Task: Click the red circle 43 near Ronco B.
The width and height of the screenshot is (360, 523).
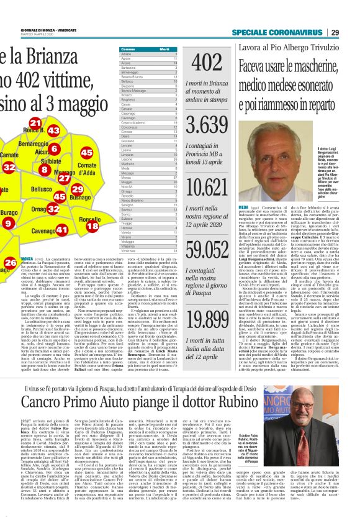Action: click(x=53, y=130)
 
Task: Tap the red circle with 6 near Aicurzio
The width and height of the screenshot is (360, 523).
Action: click(x=55, y=148)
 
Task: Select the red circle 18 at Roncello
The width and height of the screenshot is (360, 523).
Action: click(x=92, y=226)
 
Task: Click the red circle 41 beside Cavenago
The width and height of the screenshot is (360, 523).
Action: click(x=62, y=230)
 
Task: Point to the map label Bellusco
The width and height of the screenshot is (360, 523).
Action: click(x=42, y=188)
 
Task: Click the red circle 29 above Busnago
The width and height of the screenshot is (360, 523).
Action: click(x=77, y=189)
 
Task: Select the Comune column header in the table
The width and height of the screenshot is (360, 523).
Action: click(x=128, y=49)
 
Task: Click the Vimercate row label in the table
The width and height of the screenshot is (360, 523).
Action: click(x=130, y=250)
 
